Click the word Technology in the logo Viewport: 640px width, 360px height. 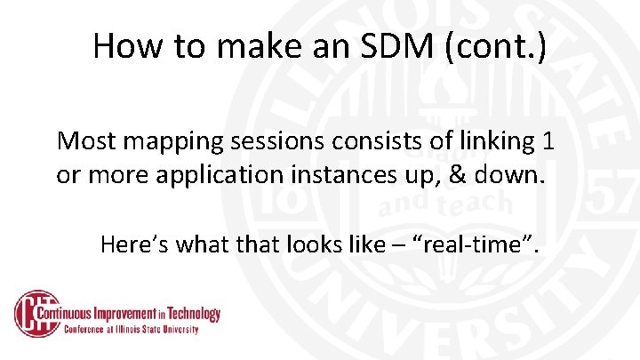coord(191,314)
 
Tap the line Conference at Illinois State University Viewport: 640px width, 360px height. coord(131,329)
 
